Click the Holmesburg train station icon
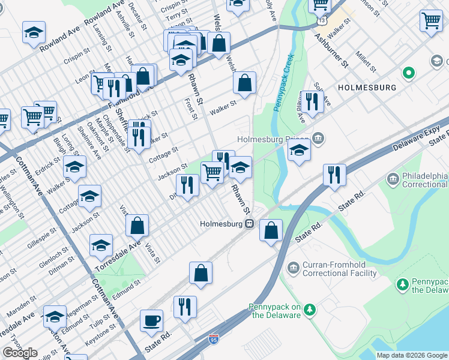point(249,224)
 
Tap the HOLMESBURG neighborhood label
point(367,88)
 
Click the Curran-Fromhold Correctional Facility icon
point(294,267)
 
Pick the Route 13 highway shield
point(322,21)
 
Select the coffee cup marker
point(151,320)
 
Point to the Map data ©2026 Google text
point(412,355)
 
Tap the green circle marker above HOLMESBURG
point(409,73)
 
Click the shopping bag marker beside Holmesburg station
point(271,230)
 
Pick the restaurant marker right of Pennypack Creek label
point(311,101)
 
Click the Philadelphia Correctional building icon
point(393,178)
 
